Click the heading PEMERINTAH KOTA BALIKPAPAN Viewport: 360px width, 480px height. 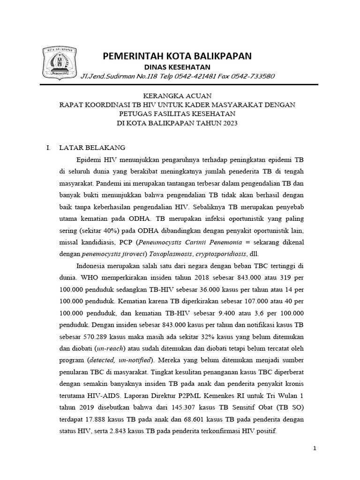point(177,56)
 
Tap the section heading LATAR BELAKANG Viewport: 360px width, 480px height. point(92,147)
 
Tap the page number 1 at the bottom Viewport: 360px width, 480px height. point(315,449)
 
